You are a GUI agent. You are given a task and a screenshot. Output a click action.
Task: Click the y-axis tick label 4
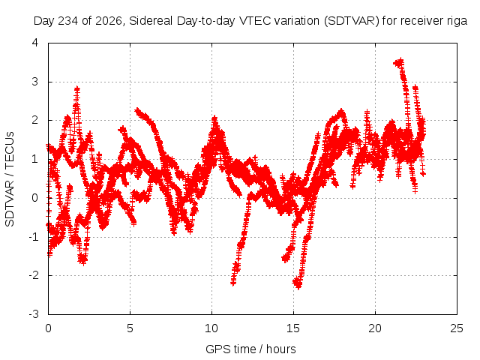click(x=35, y=43)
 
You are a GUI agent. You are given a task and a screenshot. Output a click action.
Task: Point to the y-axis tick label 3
click(x=35, y=82)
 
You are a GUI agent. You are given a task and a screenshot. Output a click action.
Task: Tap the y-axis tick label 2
click(x=35, y=120)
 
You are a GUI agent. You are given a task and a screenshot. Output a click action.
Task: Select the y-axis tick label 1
click(x=35, y=159)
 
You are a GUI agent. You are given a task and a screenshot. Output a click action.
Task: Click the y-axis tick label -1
click(x=34, y=237)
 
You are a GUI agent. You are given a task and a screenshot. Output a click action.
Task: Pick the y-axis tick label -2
click(x=34, y=275)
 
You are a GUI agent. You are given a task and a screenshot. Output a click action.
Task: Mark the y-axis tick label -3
click(x=34, y=314)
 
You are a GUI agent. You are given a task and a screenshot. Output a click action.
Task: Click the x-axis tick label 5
click(x=130, y=328)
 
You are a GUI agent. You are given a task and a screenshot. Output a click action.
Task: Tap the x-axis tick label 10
click(x=211, y=328)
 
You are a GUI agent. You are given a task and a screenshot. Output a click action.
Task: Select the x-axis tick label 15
click(x=293, y=328)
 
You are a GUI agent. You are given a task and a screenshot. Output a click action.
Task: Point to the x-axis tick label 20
click(x=375, y=328)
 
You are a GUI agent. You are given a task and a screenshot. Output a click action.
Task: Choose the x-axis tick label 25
click(x=457, y=328)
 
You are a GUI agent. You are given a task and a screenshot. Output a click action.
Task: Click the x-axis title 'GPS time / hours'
click(x=250, y=349)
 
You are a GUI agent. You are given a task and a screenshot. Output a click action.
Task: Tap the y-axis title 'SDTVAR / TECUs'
click(x=10, y=179)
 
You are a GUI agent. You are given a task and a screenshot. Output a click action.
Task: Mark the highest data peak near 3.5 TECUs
click(x=400, y=61)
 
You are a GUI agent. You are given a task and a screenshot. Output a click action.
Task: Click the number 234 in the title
click(x=67, y=21)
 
